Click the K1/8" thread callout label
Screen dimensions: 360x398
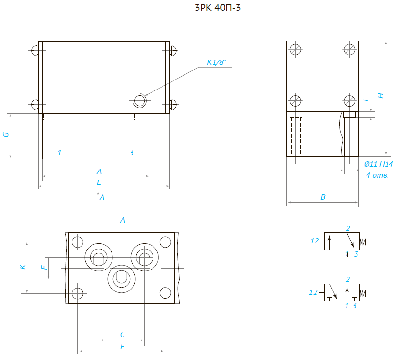point(216,62)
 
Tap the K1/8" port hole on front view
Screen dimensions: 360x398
point(140,100)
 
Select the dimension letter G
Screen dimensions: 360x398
point(6,135)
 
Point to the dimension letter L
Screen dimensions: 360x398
point(99,182)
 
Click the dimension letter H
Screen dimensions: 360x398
point(380,95)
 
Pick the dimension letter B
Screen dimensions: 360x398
point(323,197)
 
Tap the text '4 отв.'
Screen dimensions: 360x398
point(378,175)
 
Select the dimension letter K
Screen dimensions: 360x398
point(22,268)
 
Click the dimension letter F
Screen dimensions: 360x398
point(44,268)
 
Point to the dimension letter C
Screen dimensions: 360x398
point(122,334)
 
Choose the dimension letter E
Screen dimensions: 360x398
point(122,347)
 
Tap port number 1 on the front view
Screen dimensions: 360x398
point(59,152)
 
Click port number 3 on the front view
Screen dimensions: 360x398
point(132,152)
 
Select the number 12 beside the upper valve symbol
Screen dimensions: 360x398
point(314,241)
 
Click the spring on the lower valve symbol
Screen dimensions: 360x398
point(363,292)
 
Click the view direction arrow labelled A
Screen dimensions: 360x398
point(98,196)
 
